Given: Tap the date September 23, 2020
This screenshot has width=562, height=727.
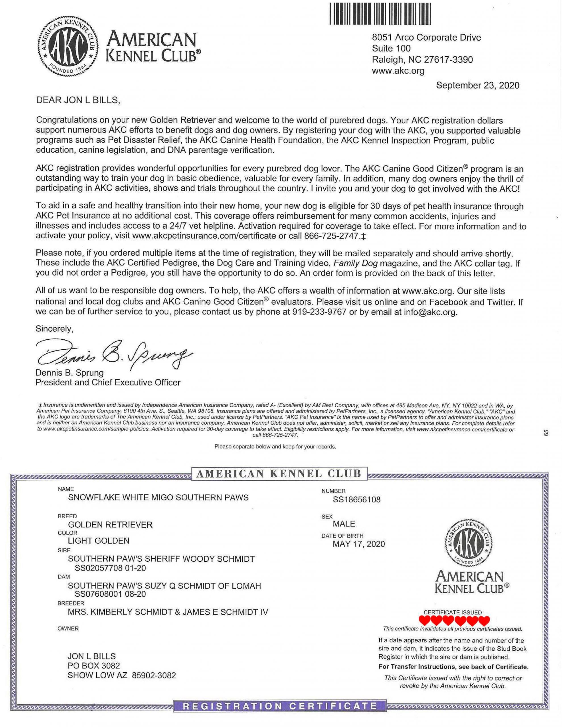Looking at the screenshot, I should (x=477, y=85).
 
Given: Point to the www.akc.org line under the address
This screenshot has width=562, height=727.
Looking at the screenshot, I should (x=398, y=70).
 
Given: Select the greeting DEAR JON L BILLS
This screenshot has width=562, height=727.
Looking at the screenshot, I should (x=78, y=100).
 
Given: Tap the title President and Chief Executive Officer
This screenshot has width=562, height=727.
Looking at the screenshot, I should (x=108, y=383).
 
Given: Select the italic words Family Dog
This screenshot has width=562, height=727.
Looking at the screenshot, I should (x=355, y=263).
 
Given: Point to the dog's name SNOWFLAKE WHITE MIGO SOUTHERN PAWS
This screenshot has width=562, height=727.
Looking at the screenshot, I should (x=158, y=497).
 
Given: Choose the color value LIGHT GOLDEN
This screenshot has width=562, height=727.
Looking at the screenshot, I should (x=99, y=541).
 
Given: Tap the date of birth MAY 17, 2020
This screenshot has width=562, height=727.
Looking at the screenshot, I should (x=359, y=544).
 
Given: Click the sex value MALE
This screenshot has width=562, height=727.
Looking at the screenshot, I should (x=344, y=524).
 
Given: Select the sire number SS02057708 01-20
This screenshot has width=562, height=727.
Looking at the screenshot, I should (x=110, y=568).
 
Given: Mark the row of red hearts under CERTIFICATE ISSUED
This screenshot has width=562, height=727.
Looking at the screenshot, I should (x=454, y=621).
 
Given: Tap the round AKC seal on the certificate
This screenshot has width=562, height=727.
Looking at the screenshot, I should (x=469, y=543).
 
